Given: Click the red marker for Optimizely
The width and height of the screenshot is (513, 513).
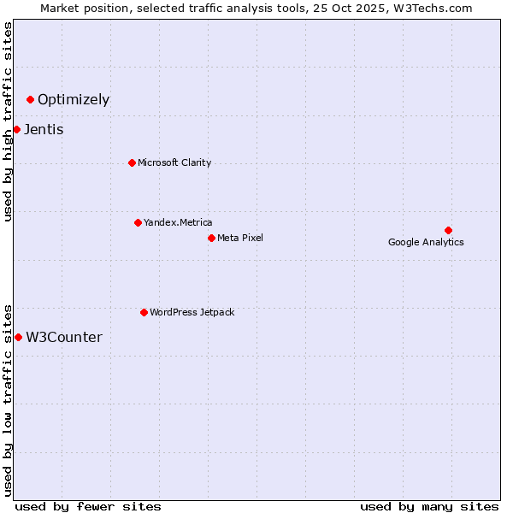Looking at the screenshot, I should tap(30, 100).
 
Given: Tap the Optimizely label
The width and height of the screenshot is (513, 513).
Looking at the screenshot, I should tap(74, 100).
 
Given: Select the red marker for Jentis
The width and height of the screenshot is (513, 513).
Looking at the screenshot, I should tap(16, 130).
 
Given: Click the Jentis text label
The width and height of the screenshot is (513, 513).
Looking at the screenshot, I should tap(44, 130).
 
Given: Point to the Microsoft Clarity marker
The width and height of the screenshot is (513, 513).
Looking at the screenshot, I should tap(132, 162).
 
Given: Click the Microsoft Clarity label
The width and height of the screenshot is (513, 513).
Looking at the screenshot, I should tap(174, 162).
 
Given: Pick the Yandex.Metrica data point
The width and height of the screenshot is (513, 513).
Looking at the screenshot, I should tap(138, 222).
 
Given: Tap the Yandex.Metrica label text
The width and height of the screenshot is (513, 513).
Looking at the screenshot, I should tap(178, 222).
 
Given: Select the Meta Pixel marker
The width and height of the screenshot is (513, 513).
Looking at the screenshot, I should tap(211, 238).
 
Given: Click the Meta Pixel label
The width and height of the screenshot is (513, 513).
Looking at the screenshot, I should tap(240, 238).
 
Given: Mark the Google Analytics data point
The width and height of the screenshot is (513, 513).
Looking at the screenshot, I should tap(448, 230).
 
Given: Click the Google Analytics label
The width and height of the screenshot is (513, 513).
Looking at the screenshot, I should tap(426, 242).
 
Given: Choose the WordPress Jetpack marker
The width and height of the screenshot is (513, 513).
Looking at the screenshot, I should tap(144, 312).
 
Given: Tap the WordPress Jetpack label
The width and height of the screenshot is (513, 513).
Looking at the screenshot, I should tap(192, 312).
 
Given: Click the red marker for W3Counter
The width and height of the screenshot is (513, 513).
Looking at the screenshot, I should tap(18, 338).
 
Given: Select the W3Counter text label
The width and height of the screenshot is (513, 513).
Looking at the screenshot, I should tap(64, 338).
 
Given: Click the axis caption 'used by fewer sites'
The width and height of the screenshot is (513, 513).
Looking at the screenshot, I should tap(88, 506).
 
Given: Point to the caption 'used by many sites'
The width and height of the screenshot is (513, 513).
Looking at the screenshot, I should tap(428, 506).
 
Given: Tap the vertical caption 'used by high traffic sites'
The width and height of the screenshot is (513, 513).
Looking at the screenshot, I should tap(9, 121).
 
